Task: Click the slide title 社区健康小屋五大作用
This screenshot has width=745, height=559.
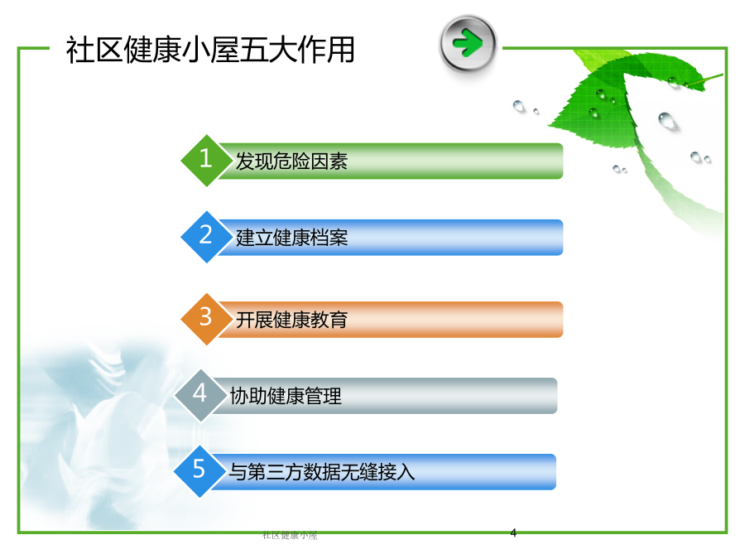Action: tap(210, 50)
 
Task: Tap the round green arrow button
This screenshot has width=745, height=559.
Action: tap(468, 44)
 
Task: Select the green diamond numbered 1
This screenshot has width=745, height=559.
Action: tap(207, 160)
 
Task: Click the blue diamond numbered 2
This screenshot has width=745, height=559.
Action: tap(207, 237)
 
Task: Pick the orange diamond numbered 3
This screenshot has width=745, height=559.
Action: tap(207, 319)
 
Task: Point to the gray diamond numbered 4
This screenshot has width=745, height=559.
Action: tap(200, 396)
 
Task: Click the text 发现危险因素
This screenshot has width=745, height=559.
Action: tap(291, 161)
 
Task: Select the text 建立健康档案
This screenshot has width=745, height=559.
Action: tap(291, 238)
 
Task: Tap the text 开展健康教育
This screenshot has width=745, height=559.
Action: tap(291, 320)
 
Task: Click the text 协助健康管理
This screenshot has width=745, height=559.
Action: tap(286, 396)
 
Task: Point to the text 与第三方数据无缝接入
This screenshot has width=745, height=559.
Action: tap(322, 472)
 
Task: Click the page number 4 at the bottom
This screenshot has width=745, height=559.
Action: tap(513, 532)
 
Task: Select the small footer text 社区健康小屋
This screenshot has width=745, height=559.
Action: tap(290, 535)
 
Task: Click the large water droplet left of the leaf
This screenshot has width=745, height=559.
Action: tap(519, 106)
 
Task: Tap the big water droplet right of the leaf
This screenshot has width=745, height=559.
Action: tap(667, 121)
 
